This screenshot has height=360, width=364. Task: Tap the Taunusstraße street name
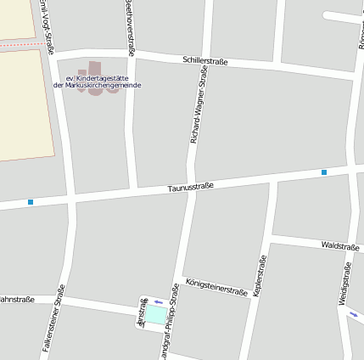pos(190,187)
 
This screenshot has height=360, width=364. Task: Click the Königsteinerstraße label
pos(216,286)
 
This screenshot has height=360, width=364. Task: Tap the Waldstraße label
pos(340,245)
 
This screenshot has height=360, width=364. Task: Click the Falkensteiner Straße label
pos(53,318)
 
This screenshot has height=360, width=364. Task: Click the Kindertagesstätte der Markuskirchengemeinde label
pos(97,82)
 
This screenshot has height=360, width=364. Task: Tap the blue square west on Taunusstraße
pos(31,202)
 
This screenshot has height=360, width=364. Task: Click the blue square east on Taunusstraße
pos(323,172)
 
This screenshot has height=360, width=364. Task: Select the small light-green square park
pos(157,315)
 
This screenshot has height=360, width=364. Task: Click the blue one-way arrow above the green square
pos(158,301)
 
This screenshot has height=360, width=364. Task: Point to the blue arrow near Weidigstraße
pos(353,315)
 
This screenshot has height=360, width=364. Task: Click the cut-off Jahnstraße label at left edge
pos(16,299)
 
